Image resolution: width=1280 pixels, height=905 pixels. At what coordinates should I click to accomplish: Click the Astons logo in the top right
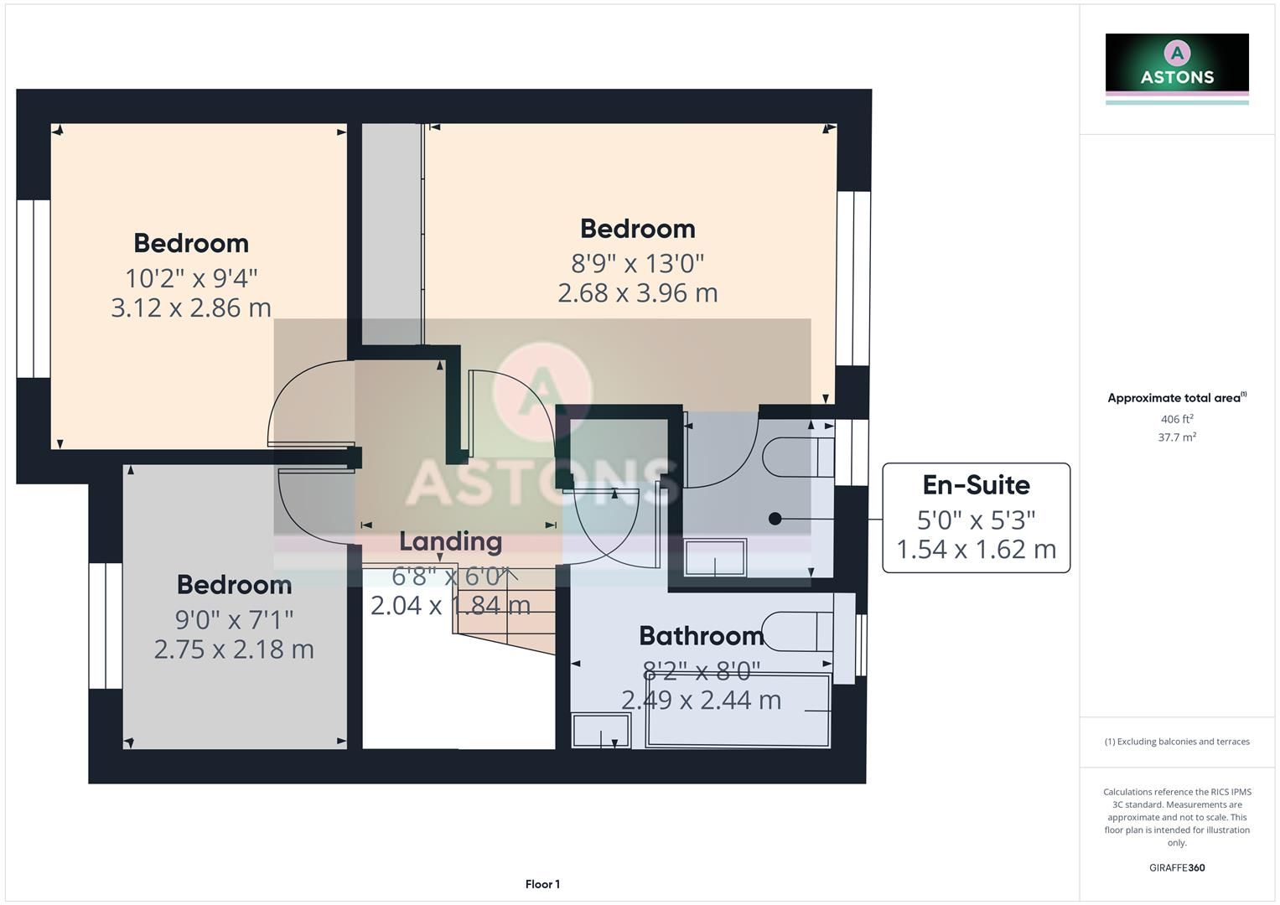click(x=1177, y=68)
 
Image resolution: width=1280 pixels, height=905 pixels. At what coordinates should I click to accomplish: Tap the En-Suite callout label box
click(x=976, y=518)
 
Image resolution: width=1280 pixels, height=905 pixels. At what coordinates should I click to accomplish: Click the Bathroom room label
click(x=701, y=636)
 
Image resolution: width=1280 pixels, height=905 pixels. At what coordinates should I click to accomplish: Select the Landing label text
click(x=450, y=541)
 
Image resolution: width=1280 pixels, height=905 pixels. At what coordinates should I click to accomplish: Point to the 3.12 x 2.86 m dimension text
click(x=191, y=308)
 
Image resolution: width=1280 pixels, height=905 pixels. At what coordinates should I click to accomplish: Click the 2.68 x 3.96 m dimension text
click(x=637, y=292)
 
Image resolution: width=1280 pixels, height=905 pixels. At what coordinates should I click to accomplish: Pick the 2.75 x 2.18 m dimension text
click(x=234, y=649)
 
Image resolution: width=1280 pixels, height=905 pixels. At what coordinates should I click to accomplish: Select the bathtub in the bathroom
click(x=738, y=711)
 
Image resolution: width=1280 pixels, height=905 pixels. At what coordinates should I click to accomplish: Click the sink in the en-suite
click(x=715, y=557)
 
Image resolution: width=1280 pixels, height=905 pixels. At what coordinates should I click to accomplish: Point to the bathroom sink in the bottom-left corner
click(x=600, y=729)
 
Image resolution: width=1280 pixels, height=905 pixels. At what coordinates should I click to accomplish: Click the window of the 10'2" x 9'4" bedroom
click(x=34, y=288)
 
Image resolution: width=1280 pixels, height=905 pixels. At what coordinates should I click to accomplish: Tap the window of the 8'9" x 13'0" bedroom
click(x=853, y=278)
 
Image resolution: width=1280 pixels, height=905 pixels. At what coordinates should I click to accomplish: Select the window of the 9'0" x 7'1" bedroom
click(x=106, y=625)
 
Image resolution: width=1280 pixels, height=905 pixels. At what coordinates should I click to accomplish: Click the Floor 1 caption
click(x=542, y=884)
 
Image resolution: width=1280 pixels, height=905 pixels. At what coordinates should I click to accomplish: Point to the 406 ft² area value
click(x=1177, y=419)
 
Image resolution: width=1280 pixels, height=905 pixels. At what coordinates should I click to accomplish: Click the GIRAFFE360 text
click(x=1177, y=867)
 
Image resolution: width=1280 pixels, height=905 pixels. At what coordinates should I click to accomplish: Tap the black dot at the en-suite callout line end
click(x=775, y=519)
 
